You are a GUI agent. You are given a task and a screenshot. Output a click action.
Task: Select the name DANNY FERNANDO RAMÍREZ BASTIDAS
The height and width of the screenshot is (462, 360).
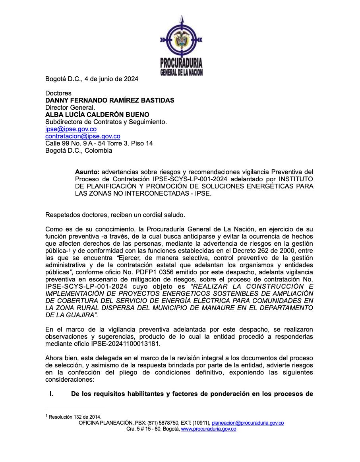tap(110, 100)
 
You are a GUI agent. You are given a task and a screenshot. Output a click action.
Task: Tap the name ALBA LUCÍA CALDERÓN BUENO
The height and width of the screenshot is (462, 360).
tap(97, 115)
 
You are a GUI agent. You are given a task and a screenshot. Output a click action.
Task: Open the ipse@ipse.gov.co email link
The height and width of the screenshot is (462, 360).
tap(71, 129)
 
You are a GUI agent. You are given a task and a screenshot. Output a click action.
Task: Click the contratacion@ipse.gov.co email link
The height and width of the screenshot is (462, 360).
tap(83, 136)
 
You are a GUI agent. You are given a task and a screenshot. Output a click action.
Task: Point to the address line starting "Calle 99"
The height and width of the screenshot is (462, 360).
tap(99, 143)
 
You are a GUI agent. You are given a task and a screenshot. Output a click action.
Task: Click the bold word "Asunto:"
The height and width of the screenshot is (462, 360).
tap(87, 172)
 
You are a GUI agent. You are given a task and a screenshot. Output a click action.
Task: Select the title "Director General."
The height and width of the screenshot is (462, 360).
tap(70, 107)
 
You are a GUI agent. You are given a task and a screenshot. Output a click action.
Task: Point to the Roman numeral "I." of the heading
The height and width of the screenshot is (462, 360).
tap(51, 394)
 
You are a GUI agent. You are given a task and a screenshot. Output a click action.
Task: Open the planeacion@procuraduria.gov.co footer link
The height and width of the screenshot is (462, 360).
tap(248, 423)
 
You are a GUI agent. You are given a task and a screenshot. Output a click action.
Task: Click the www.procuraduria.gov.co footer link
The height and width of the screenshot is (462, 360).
tap(209, 429)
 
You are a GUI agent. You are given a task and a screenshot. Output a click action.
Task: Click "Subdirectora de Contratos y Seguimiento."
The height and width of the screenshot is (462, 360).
tap(106, 122)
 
